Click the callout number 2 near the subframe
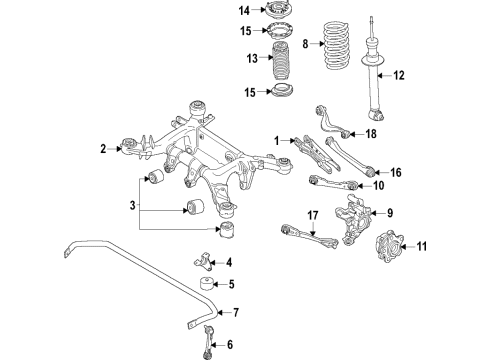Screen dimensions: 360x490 [x=102, y=149]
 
